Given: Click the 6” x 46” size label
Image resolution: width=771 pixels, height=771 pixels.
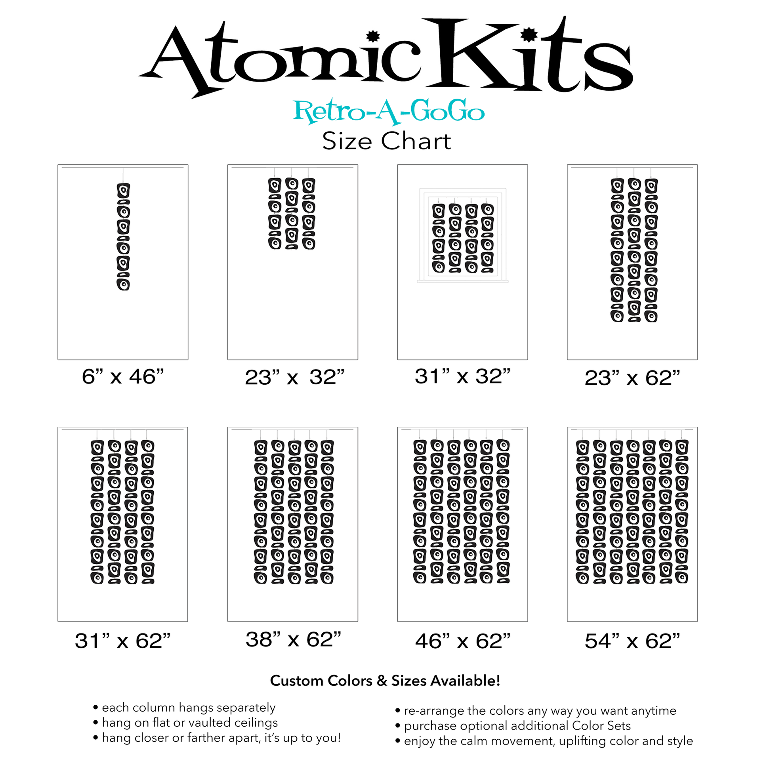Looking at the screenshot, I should pyautogui.click(x=122, y=377).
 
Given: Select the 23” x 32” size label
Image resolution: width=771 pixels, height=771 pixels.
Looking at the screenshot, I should pyautogui.click(x=294, y=377).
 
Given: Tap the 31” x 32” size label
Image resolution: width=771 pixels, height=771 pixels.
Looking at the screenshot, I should pyautogui.click(x=462, y=376).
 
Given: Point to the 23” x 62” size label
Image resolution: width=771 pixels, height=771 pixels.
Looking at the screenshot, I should pyautogui.click(x=632, y=378).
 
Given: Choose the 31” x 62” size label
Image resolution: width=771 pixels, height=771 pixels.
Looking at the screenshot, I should pyautogui.click(x=122, y=641).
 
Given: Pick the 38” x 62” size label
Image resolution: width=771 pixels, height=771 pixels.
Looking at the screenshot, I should pyautogui.click(x=293, y=639).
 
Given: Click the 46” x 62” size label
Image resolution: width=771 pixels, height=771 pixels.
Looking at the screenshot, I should pyautogui.click(x=462, y=641).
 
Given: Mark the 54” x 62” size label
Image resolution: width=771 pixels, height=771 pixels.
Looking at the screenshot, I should pyautogui.click(x=632, y=641).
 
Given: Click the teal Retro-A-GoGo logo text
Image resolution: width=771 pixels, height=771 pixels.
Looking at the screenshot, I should pyautogui.click(x=389, y=112).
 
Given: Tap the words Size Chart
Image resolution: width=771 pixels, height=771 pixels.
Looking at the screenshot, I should pyautogui.click(x=386, y=141).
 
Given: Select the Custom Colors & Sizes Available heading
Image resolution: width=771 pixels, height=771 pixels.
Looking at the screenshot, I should pyautogui.click(x=385, y=680).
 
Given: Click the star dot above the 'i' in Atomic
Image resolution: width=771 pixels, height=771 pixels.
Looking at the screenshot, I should pyautogui.click(x=373, y=36).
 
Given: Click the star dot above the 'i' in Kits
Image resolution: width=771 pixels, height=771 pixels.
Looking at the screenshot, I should pyautogui.click(x=529, y=35).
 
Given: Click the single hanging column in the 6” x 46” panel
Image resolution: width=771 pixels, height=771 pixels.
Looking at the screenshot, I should pyautogui.click(x=123, y=236).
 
